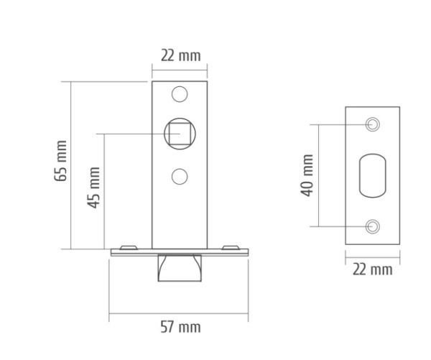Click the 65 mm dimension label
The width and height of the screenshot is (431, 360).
[60, 161]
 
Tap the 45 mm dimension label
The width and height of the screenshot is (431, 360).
[93, 188]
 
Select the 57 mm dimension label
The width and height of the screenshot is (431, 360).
[180, 327]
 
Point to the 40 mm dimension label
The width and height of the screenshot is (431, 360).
[307, 175]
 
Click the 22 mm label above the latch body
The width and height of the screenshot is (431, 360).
[180, 55]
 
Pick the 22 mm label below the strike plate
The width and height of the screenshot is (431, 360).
[372, 269]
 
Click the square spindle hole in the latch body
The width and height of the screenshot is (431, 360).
[180, 134]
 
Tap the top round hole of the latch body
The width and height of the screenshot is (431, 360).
[180, 94]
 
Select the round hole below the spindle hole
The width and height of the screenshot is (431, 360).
[180, 177]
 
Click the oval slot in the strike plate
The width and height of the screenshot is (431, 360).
[372, 175]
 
